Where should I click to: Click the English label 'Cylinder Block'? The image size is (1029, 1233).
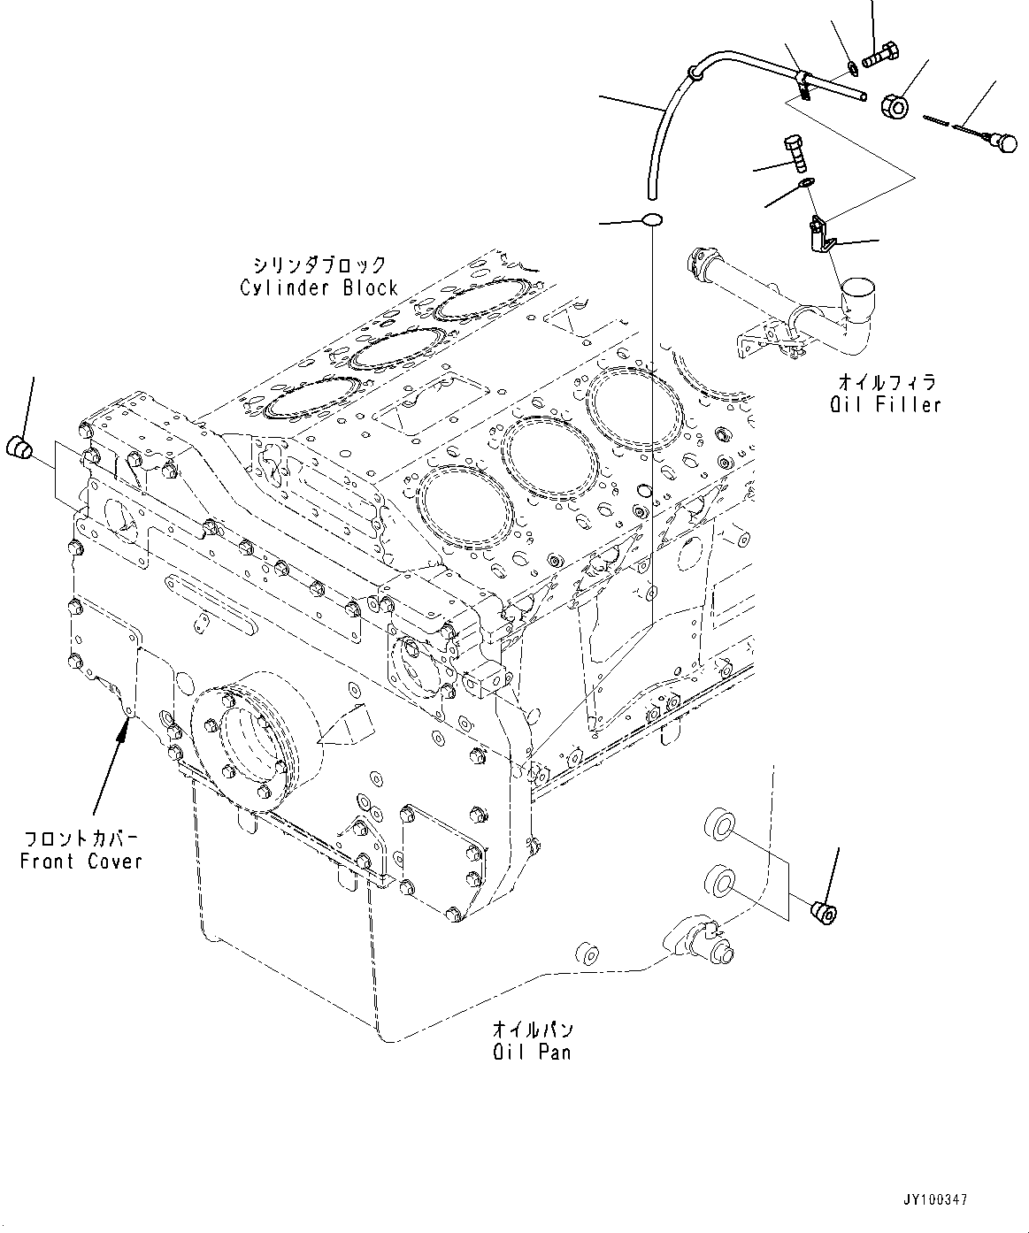[x=319, y=288]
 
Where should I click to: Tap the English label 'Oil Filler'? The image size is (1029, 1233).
[x=886, y=405]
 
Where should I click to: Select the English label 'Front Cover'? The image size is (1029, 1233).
[x=81, y=862]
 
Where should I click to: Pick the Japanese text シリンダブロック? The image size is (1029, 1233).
[x=319, y=264]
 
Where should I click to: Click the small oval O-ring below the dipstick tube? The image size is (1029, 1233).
[x=652, y=219]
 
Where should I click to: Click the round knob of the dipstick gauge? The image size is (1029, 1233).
[x=1006, y=143]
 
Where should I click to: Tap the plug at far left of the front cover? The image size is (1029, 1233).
[x=19, y=447]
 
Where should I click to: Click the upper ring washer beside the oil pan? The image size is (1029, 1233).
[x=718, y=826]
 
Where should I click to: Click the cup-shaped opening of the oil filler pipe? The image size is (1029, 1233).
[x=858, y=291]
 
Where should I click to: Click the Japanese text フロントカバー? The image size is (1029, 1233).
[x=81, y=839]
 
